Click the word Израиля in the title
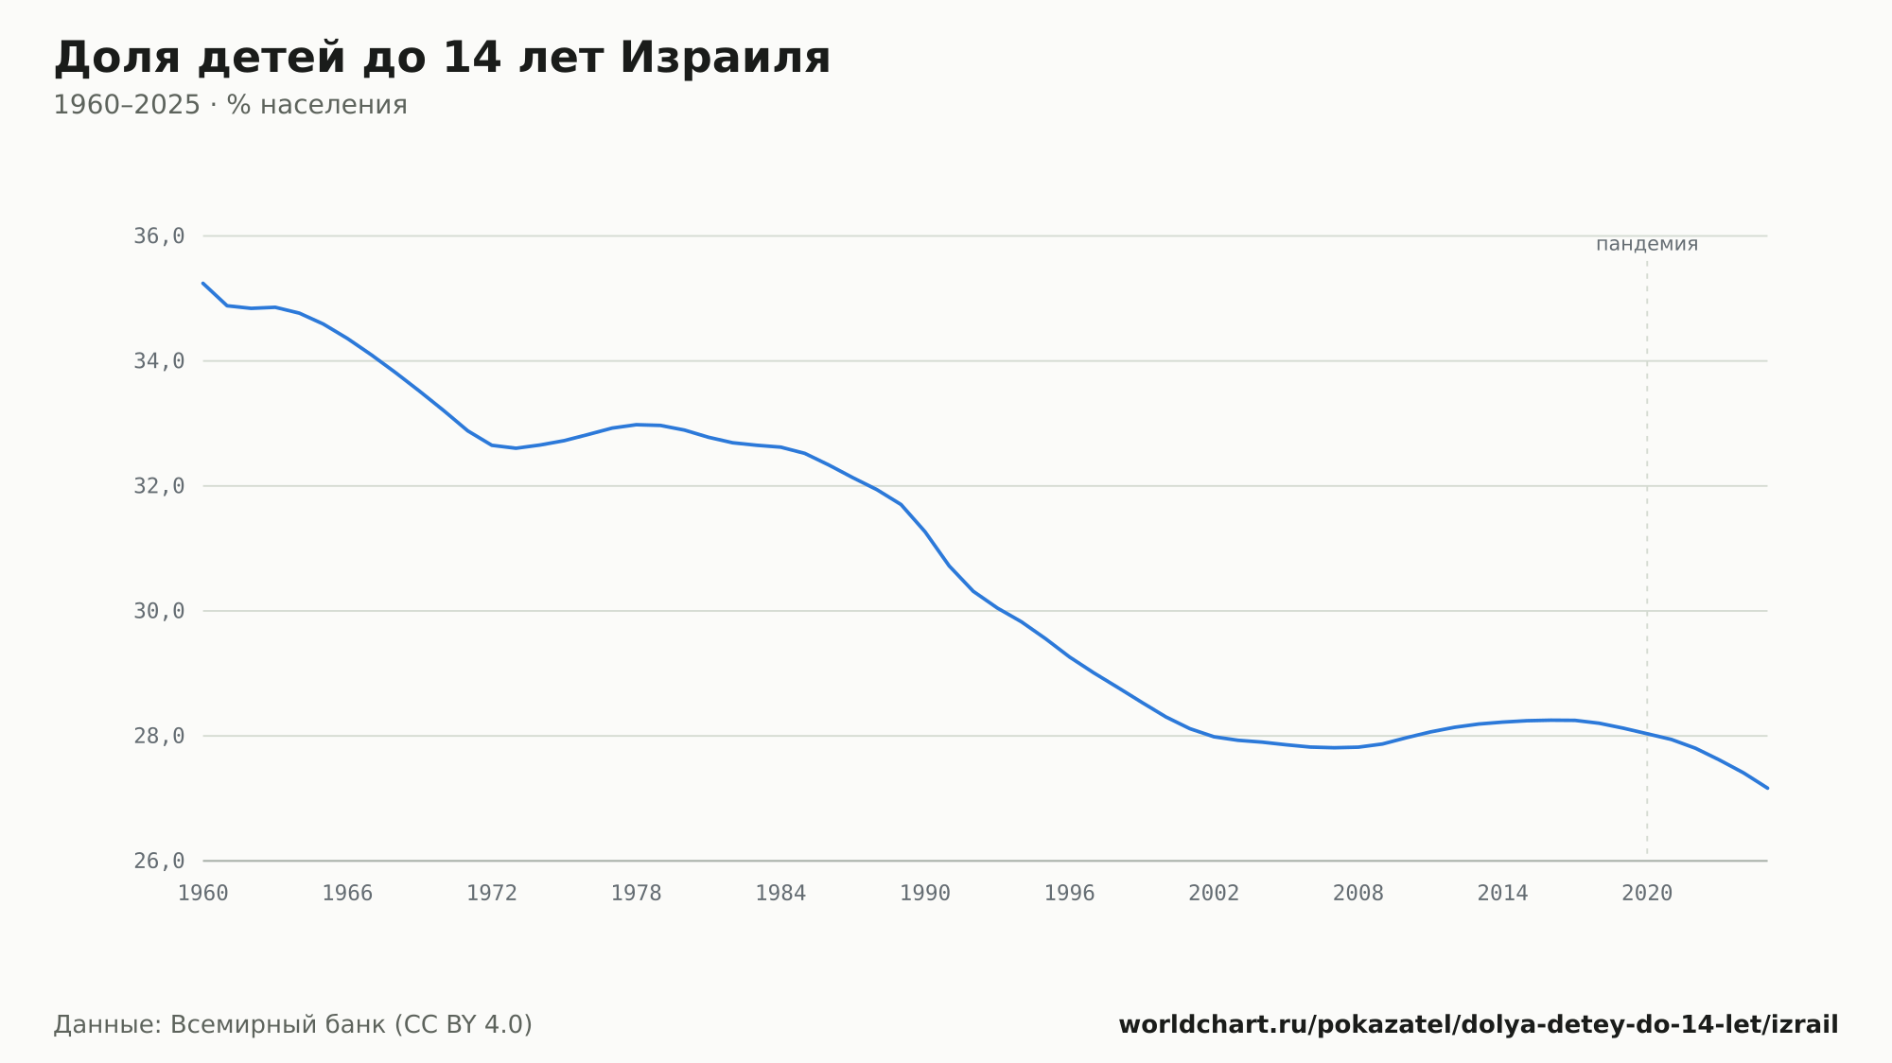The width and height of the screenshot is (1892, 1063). click(725, 58)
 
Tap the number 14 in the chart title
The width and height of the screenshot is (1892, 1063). click(470, 58)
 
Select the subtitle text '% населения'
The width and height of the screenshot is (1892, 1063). click(317, 105)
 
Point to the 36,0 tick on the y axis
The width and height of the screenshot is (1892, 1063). click(159, 236)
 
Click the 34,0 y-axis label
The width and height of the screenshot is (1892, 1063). click(159, 361)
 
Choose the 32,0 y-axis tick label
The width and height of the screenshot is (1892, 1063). click(159, 486)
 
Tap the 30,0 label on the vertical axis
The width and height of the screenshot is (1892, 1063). click(159, 611)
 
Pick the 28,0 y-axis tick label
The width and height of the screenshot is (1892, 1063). click(159, 736)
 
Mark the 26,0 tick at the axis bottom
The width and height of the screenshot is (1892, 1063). click(159, 861)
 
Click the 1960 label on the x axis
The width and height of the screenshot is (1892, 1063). click(203, 894)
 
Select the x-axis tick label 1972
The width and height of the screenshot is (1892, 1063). click(492, 894)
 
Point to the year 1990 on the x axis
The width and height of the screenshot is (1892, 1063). click(925, 894)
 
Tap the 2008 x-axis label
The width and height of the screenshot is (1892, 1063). click(1358, 894)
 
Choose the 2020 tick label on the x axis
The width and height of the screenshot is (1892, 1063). click(1647, 894)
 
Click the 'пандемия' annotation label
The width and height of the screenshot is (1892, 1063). click(1647, 244)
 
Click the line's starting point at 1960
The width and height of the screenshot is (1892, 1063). click(203, 283)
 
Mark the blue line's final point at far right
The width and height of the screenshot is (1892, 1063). click(1767, 788)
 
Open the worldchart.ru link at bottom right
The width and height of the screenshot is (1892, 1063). click(1479, 1024)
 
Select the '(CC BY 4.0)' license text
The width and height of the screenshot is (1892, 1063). click(464, 1024)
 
